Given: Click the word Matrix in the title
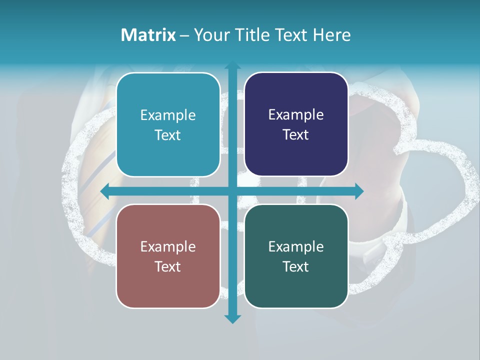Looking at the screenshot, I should coord(148,35).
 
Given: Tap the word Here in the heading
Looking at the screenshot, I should coord(332,35).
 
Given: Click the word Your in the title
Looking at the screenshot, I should coord(212,35).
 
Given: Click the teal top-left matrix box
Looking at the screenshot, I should coord(168,124).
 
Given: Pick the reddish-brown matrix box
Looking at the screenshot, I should coord(168,256).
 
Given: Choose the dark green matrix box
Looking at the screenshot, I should coord(296,256).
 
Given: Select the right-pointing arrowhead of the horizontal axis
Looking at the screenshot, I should coord(358,191).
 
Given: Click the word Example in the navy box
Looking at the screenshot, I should coord(296,115).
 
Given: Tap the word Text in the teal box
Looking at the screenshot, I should coord(168,135).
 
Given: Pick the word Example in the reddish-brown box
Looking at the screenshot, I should coord(168,246).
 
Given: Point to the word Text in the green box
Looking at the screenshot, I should coord(296,266).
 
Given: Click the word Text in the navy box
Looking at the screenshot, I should coord(296,135).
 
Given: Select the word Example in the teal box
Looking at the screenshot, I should coord(168,115).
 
